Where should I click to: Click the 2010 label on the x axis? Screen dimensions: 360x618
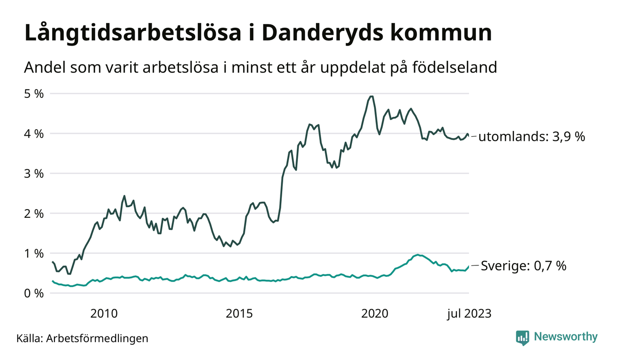104,314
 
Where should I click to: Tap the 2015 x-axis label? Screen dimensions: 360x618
239,314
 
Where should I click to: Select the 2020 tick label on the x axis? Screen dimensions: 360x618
375,314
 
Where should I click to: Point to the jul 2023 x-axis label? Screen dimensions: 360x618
469,314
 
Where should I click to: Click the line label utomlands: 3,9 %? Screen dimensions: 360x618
531,137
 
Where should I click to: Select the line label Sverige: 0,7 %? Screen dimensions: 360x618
523,266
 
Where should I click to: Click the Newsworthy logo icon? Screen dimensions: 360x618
523,337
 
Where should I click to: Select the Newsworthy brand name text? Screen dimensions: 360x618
566,337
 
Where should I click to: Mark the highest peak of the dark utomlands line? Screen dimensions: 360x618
370,96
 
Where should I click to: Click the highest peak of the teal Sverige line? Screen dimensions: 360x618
418,255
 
